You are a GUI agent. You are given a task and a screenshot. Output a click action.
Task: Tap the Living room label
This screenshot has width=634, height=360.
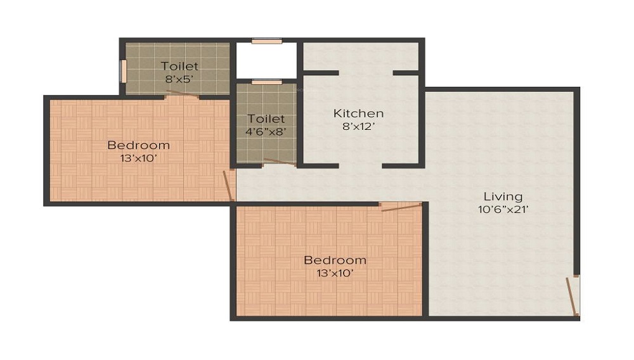(503, 196)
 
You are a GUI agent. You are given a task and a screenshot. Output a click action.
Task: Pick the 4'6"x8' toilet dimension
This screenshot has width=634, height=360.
(266, 131)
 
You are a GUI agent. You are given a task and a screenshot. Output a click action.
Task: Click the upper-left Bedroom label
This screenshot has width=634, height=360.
(138, 145)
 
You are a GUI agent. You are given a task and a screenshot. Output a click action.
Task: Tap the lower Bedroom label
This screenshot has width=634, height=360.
(335, 260)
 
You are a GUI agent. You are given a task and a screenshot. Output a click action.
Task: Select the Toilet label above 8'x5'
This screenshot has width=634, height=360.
(179, 66)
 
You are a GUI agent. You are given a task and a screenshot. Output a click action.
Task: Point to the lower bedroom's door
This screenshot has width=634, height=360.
(401, 206)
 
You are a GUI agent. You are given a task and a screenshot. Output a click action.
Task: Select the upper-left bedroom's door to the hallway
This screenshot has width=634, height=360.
(229, 185)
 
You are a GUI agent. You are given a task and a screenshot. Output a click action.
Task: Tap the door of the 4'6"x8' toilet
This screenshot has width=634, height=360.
(279, 162)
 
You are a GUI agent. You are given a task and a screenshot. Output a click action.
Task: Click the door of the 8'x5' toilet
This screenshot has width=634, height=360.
(182, 95)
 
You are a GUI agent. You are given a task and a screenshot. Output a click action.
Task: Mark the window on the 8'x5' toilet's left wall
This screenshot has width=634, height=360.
(124, 70)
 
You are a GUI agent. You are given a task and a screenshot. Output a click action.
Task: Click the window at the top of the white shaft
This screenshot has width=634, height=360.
(266, 42)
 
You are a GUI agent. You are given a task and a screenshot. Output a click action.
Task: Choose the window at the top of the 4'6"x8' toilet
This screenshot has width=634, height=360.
(266, 82)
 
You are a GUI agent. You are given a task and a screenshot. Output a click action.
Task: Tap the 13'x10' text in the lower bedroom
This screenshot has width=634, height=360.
(335, 273)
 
